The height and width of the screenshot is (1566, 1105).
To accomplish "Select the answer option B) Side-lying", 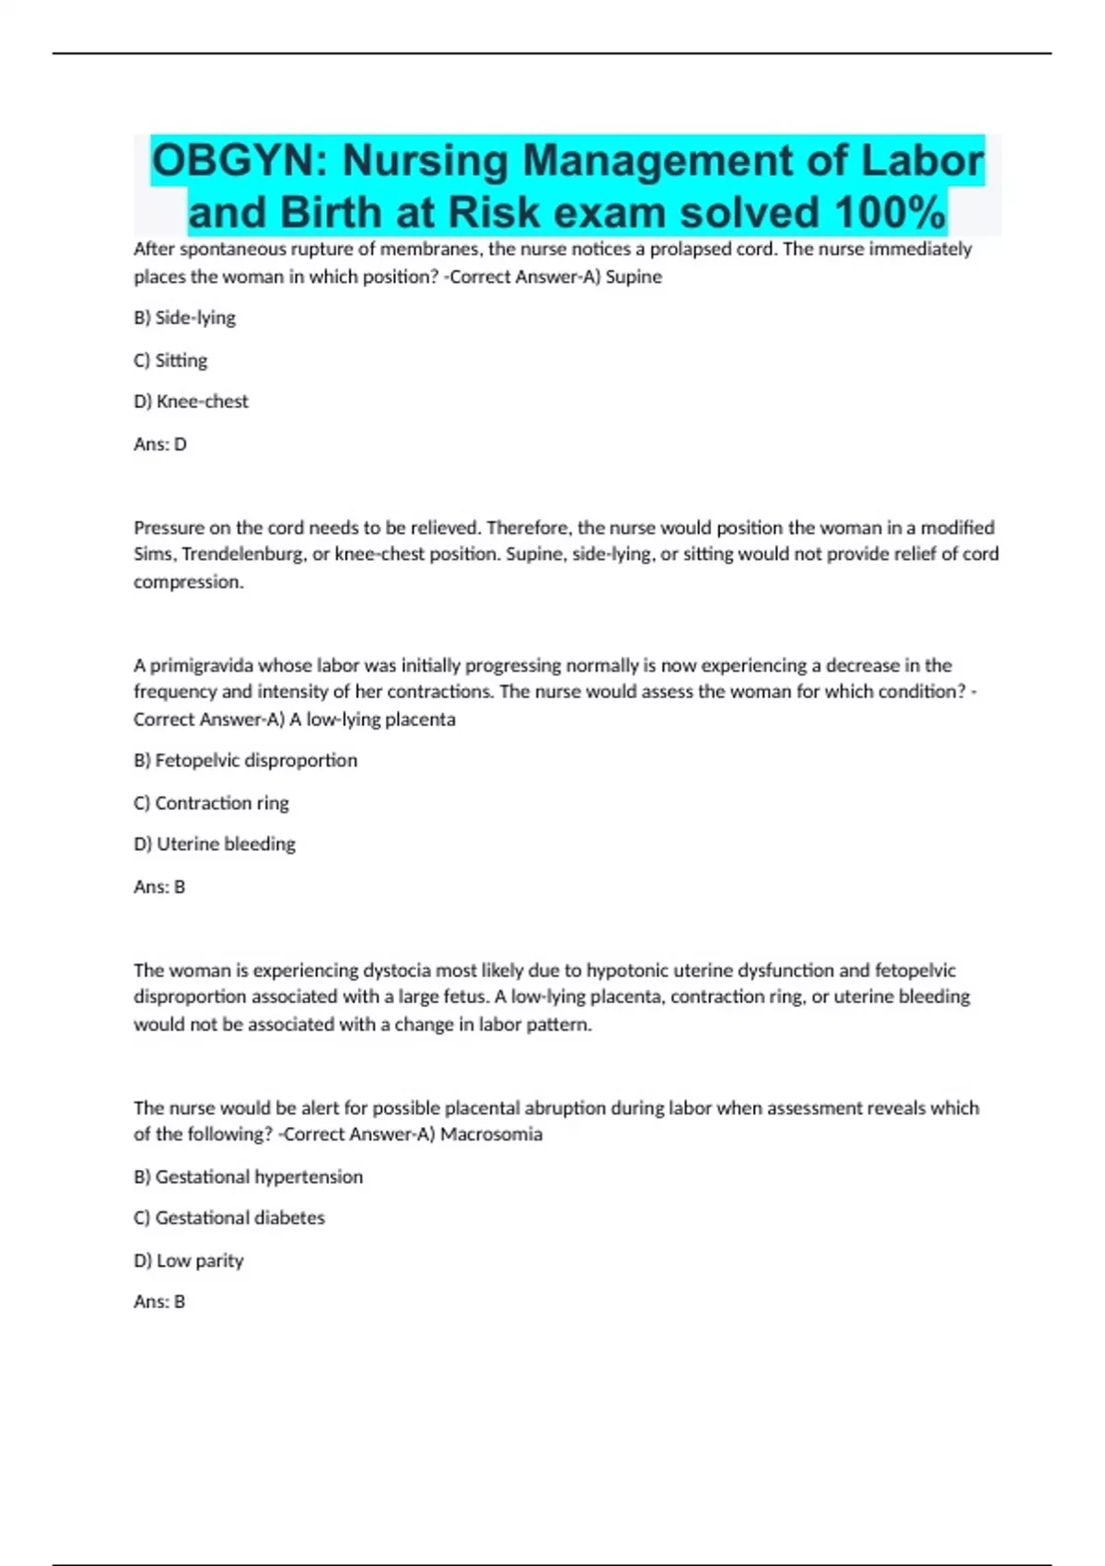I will coord(184,318).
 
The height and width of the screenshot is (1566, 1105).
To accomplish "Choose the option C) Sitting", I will coord(170,360).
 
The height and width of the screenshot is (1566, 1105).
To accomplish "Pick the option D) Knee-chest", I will coord(191,402).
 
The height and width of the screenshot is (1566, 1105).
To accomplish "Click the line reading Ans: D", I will coord(160,444).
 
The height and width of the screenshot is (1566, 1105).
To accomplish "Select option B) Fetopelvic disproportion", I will coord(245,761).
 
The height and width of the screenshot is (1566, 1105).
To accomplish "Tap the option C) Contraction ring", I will coord(211,803).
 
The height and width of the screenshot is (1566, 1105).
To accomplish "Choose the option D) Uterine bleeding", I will coord(215,844).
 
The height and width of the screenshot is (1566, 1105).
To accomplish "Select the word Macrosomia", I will coord(491,1135).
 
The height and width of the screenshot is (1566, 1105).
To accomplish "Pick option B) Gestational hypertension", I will coord(248,1177).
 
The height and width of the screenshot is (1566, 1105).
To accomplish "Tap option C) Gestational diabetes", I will coord(229,1218).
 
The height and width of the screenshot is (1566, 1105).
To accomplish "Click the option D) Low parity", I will coord(189,1260).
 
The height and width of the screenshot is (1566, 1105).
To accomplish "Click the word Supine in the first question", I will coord(634,277).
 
